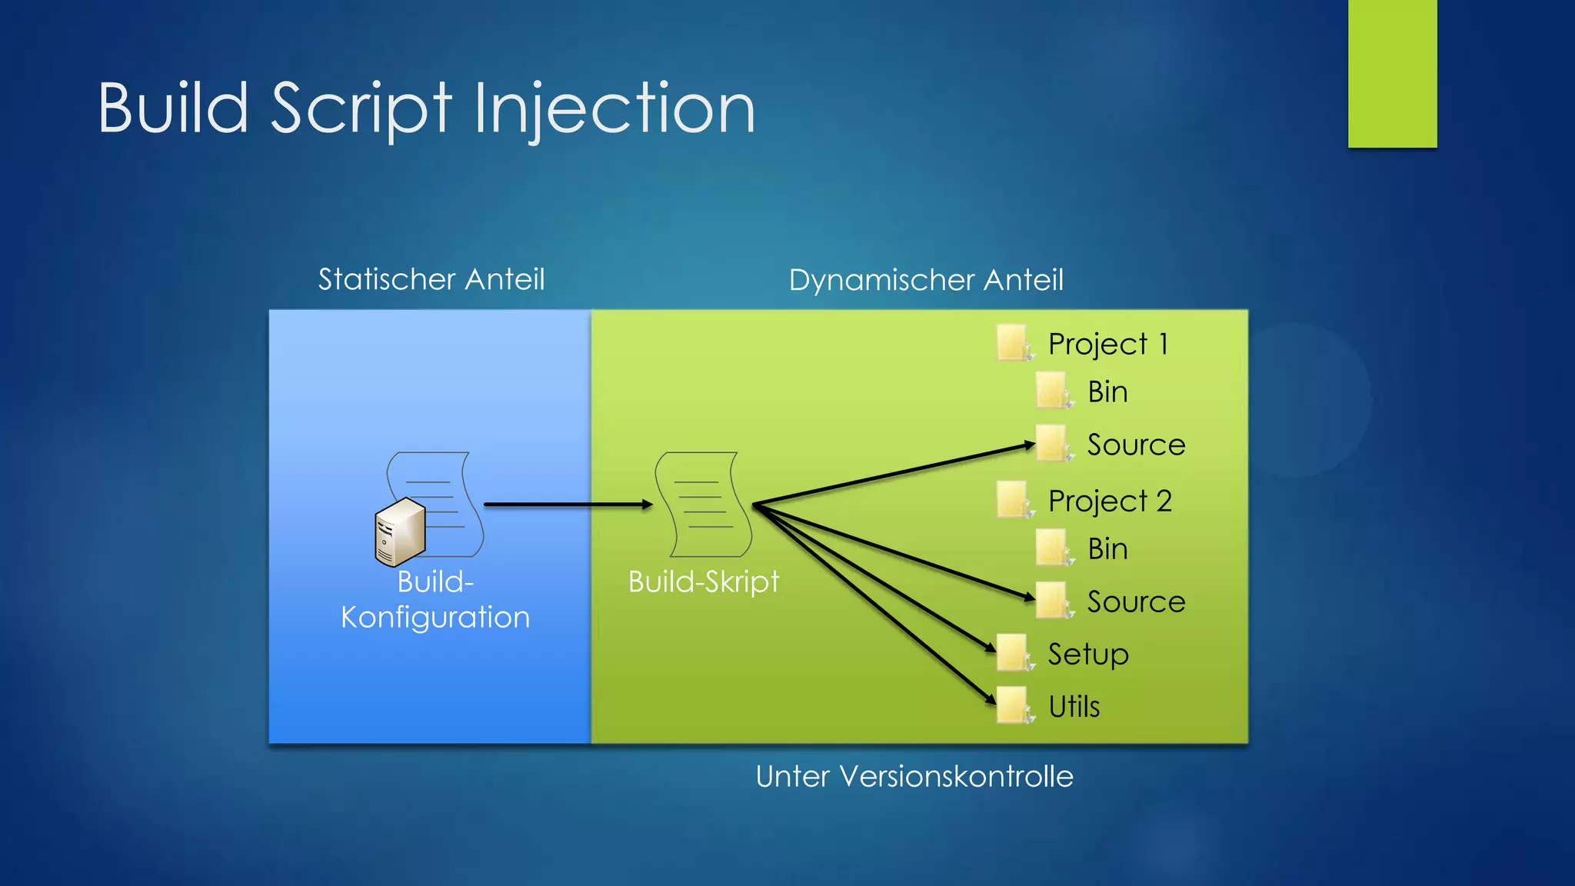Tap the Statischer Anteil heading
(x=431, y=279)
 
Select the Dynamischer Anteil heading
(x=926, y=280)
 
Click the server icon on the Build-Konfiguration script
(x=399, y=532)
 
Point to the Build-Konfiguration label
(x=435, y=600)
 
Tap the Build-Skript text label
(x=704, y=581)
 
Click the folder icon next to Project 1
(x=1013, y=342)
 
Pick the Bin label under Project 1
(x=1107, y=392)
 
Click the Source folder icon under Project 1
(x=1052, y=443)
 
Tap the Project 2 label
(x=1110, y=501)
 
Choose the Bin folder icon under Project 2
(x=1052, y=548)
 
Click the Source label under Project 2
(x=1136, y=601)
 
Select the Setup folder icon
(x=1013, y=653)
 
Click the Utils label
(x=1074, y=707)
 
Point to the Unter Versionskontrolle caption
(x=914, y=777)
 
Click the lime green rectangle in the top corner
(x=1392, y=73)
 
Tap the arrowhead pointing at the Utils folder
(x=991, y=698)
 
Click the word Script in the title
(x=361, y=109)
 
